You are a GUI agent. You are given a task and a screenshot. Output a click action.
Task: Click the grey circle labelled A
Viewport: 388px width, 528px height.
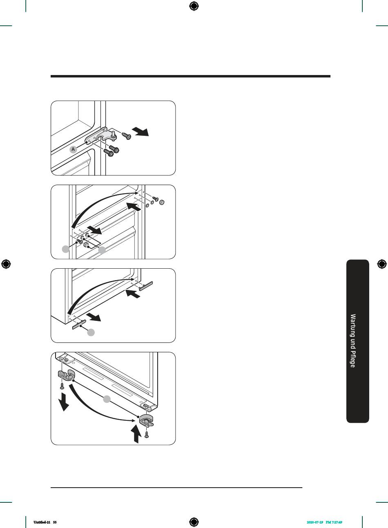tap(73, 149)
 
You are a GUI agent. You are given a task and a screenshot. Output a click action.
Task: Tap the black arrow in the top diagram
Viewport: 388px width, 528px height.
tap(140, 132)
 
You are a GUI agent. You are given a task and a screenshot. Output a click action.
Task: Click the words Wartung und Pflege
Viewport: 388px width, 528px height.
tap(353, 340)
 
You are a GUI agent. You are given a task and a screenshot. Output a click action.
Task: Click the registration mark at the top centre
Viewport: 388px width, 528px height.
tap(194, 6)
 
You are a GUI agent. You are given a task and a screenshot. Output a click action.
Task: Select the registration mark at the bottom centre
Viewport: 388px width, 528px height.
tap(194, 522)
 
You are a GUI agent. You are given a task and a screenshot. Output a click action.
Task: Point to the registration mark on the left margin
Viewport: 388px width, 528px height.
tap(6, 264)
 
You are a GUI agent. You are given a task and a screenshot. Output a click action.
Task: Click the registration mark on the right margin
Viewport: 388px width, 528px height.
tap(381, 264)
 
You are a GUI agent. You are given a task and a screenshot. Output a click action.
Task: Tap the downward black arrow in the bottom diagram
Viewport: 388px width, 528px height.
tap(63, 402)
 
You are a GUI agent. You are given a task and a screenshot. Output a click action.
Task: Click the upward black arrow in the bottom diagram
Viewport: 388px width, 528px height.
tap(136, 433)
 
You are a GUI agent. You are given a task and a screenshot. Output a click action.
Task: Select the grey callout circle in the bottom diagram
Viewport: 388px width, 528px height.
tap(107, 399)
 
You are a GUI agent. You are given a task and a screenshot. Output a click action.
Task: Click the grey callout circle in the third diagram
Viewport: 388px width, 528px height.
tap(91, 333)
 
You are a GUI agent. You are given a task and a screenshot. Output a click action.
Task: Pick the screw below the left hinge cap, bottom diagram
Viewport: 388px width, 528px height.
tap(62, 386)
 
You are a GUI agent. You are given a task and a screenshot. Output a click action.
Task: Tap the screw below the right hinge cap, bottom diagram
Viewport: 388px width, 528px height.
tap(147, 434)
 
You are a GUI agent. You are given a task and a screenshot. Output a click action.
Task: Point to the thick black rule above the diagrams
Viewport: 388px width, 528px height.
tap(190, 76)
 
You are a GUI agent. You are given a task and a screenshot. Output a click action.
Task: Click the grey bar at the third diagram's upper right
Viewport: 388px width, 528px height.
tap(146, 286)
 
